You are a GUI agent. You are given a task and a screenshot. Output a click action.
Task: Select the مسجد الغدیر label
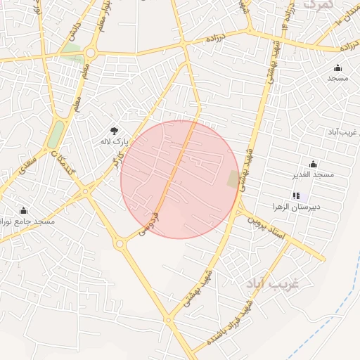[x=314, y=174]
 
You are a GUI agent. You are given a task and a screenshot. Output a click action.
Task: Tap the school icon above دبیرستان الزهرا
[x=296, y=195]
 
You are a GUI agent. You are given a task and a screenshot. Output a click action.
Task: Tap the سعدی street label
[x=28, y=162]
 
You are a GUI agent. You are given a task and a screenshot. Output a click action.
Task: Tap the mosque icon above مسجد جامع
[x=23, y=210]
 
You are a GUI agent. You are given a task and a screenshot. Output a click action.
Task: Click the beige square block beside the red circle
[x=233, y=179]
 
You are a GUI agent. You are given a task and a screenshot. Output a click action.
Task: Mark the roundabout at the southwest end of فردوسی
[x=120, y=243]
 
